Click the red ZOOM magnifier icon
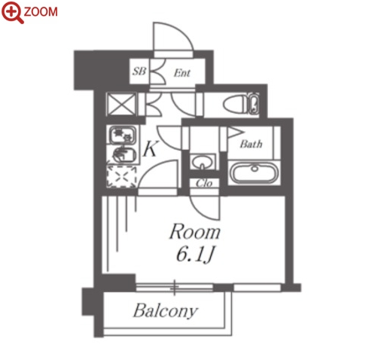pos(12,13)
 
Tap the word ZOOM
pos(41,12)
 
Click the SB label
pos(139,72)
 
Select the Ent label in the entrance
pos(182,73)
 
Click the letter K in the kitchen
pos(151,148)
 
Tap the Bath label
pos(251,144)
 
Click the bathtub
pos(254,172)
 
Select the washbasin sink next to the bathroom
pos(203,162)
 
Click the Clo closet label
pos(204,184)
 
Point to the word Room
pos(195,232)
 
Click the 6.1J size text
pos(195,255)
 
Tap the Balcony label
pos(166,311)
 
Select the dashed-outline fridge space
pos(121,177)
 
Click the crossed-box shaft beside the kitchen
pos(121,104)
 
